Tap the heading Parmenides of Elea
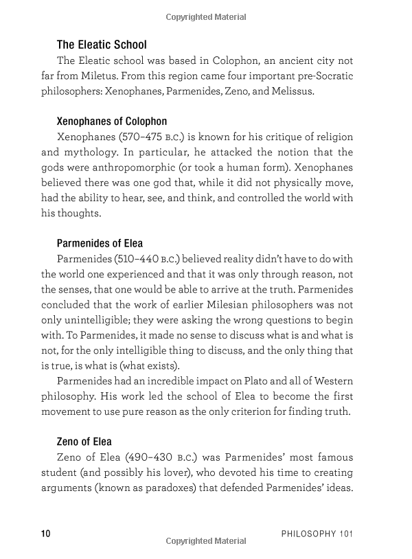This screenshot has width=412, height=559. (x=100, y=243)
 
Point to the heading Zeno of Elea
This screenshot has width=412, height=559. (x=84, y=441)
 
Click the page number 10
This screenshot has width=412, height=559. (x=46, y=534)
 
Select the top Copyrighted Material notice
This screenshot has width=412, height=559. (x=205, y=14)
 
